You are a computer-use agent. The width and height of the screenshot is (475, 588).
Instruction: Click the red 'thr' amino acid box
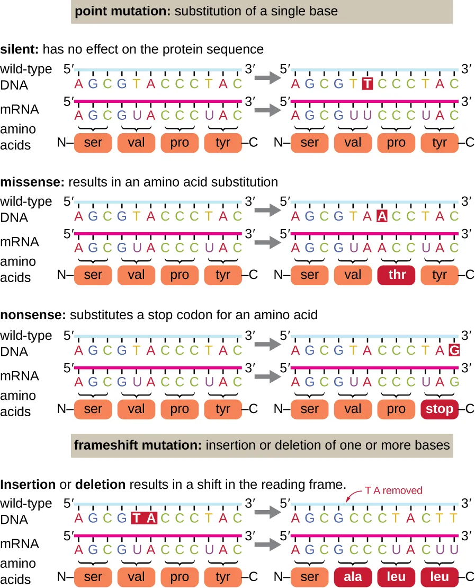click(397, 275)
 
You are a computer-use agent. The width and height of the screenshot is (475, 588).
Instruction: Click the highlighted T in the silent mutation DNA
click(367, 84)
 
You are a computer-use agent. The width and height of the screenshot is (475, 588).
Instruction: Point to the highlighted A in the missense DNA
click(382, 216)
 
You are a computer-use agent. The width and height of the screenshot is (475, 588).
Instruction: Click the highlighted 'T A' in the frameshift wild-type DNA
click(144, 518)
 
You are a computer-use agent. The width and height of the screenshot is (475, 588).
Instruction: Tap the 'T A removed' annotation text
click(393, 490)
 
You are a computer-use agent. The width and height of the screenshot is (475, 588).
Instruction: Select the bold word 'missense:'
click(30, 182)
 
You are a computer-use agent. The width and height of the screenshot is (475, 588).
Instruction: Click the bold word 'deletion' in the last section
click(100, 485)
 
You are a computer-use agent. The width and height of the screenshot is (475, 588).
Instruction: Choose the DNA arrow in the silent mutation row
click(266, 78)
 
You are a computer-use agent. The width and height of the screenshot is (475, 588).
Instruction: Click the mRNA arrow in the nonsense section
click(266, 376)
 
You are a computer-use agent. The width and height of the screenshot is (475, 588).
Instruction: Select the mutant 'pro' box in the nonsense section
click(397, 409)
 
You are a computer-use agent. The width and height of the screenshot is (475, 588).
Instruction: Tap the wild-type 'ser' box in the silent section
click(93, 143)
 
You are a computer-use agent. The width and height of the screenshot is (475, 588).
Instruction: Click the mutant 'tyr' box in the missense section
click(440, 275)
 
